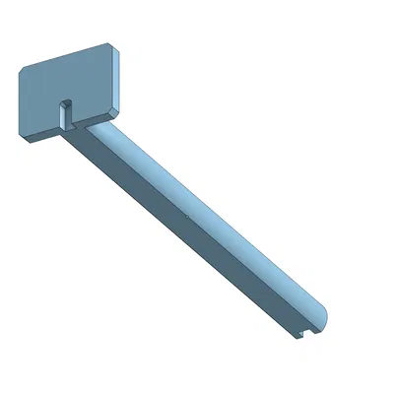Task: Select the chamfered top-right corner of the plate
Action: [112, 48]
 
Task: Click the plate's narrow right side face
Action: [116, 79]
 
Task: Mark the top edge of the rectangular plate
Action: [64, 54]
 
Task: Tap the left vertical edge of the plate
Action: [20, 103]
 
